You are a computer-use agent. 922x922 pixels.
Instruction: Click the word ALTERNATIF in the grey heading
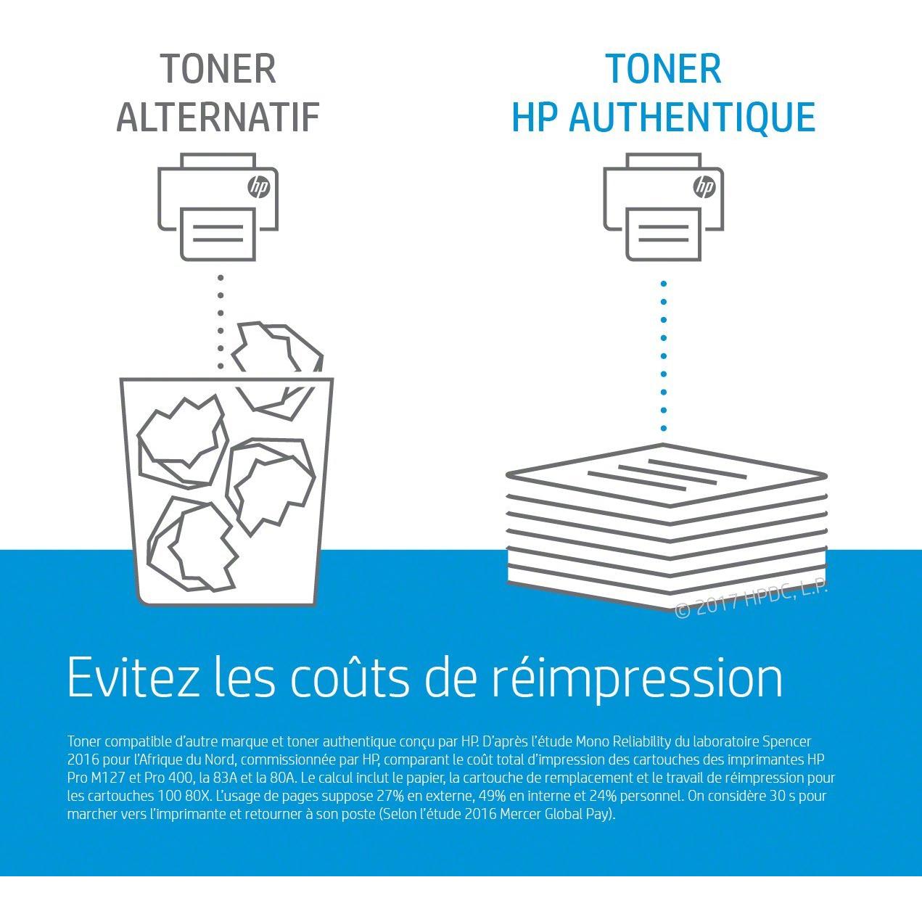click(218, 118)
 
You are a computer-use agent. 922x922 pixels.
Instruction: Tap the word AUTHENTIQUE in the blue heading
click(692, 118)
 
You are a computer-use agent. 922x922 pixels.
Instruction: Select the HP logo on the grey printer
click(258, 187)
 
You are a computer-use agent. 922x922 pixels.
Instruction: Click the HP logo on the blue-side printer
click(704, 187)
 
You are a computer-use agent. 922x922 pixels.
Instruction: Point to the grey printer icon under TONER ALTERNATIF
click(218, 207)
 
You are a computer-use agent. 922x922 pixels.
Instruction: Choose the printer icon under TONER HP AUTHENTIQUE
click(663, 207)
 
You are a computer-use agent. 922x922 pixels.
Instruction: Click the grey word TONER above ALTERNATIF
click(218, 69)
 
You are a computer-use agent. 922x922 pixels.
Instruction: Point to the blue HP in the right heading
click(533, 118)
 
